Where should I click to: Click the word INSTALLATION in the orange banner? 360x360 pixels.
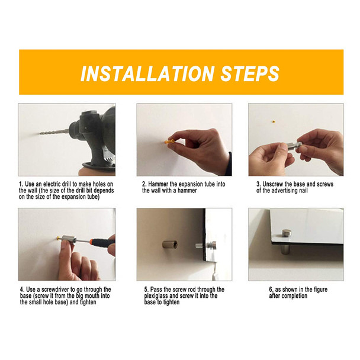pos(147,73)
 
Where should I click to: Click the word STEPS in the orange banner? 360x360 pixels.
pos(250,73)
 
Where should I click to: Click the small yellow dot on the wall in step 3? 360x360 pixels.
pos(273,121)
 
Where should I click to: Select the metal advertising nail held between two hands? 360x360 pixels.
pos(294,146)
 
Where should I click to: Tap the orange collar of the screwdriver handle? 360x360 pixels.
pos(91,242)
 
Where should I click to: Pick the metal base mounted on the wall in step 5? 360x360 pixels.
pos(170,245)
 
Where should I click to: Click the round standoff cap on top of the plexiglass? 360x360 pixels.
pos(287,234)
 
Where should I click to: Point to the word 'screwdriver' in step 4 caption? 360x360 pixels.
pos(55,290)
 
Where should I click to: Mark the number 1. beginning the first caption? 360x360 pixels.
pos(21,184)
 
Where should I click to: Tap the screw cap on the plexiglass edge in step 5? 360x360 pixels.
pos(211,246)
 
